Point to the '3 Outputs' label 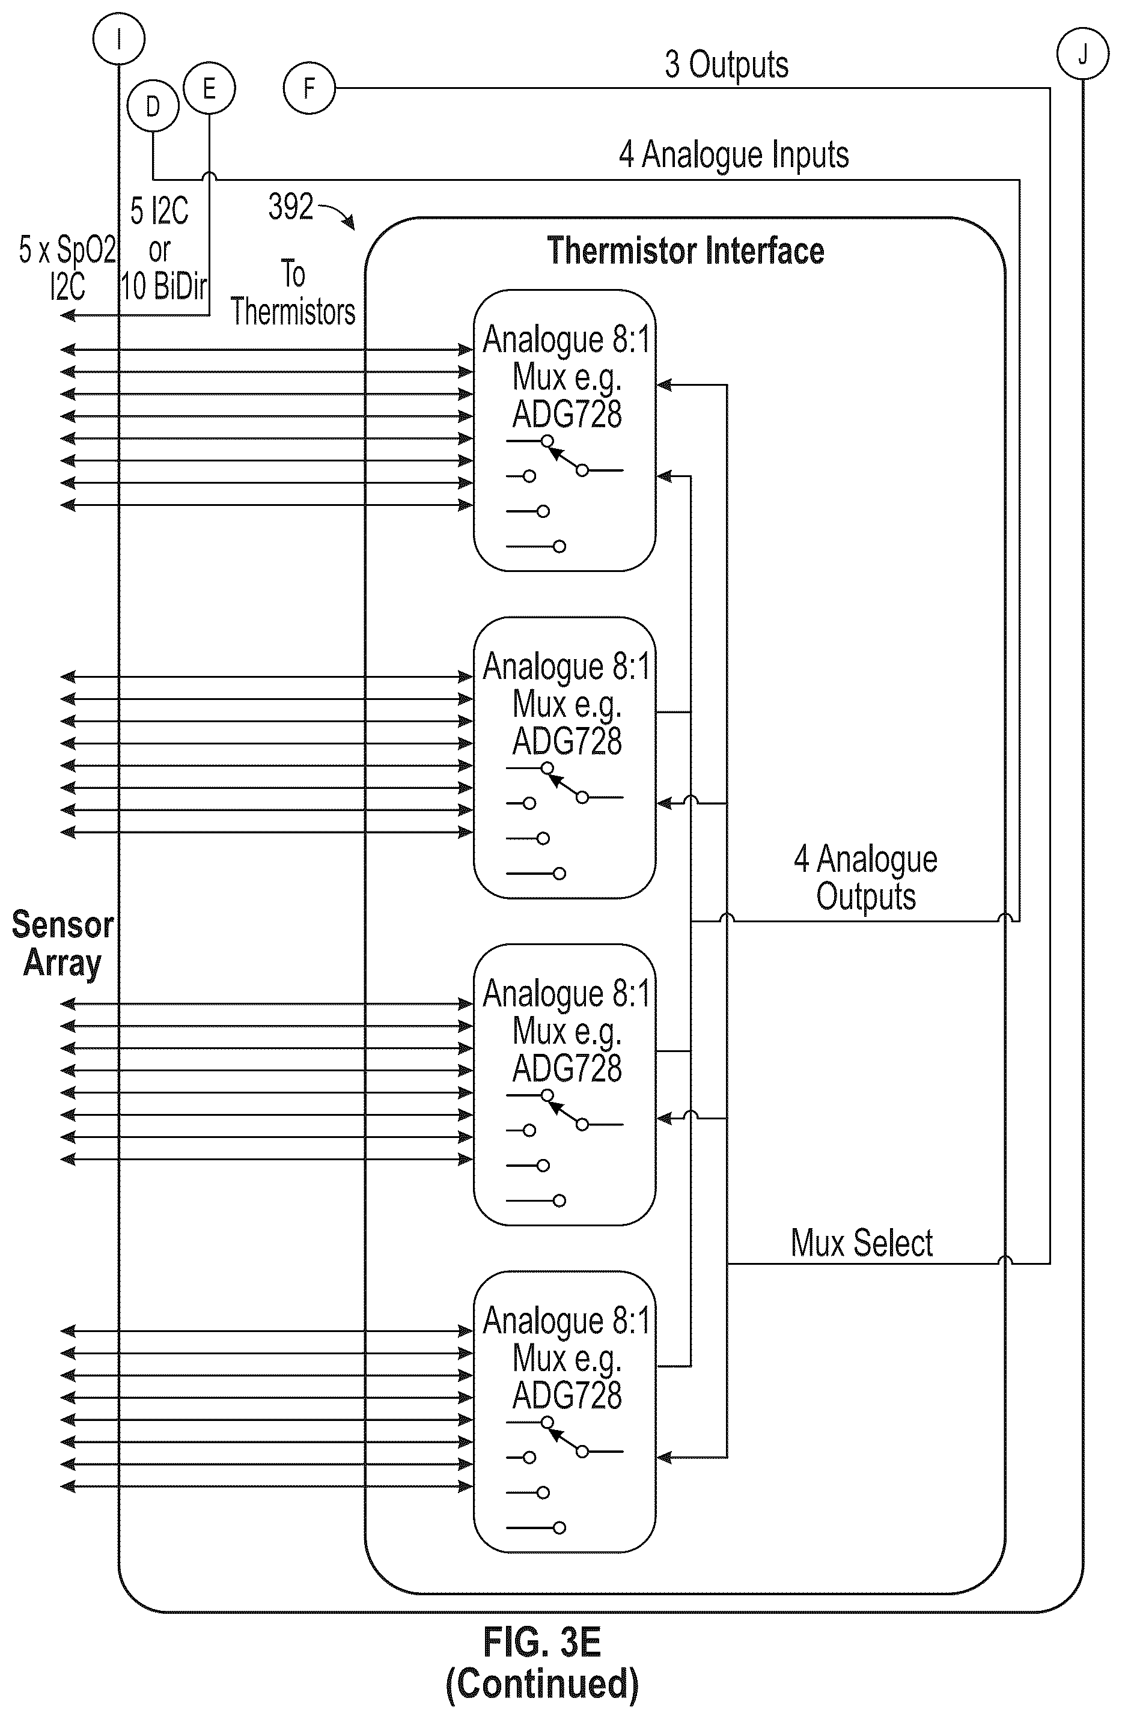(x=726, y=65)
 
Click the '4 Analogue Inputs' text (x=733, y=155)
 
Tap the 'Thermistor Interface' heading (x=685, y=251)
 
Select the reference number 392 (x=290, y=207)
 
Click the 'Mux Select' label (x=861, y=1243)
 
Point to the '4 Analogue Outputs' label (x=865, y=878)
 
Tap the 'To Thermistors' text (x=293, y=293)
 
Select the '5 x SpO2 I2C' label (x=67, y=269)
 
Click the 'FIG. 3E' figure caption (x=541, y=1641)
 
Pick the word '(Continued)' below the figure (x=542, y=1683)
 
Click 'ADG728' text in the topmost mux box (x=567, y=415)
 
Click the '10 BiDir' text (x=164, y=287)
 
